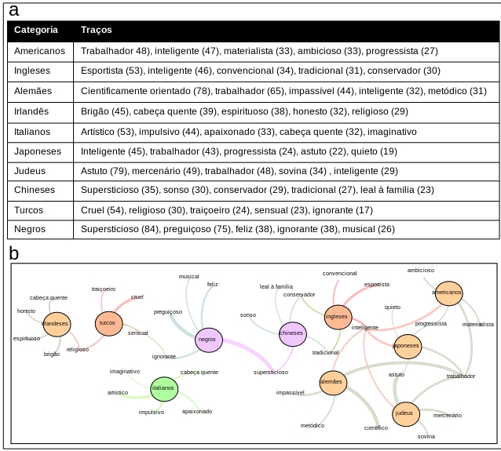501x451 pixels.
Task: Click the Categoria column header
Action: pos(36,30)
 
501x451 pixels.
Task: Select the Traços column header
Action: pos(97,30)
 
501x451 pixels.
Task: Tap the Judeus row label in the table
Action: pos(31,170)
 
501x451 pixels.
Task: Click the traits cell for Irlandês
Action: pos(244,111)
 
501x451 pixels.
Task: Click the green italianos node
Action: pos(164,387)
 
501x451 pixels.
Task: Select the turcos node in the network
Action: pos(108,322)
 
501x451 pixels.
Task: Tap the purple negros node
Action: pos(208,340)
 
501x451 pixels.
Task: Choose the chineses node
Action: pos(291,333)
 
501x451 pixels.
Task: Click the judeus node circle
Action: pos(404,413)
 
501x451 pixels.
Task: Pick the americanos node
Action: pos(448,293)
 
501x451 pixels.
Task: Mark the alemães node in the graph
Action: pos(332,382)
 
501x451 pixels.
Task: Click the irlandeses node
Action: pos(56,323)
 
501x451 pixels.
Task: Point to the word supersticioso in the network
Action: pos(270,372)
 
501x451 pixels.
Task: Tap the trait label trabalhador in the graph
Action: pos(460,376)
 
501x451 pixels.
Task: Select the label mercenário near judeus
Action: pos(448,415)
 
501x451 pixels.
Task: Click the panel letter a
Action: pos(13,11)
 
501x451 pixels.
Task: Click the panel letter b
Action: pos(13,253)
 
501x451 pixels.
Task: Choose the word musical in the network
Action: pos(188,276)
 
